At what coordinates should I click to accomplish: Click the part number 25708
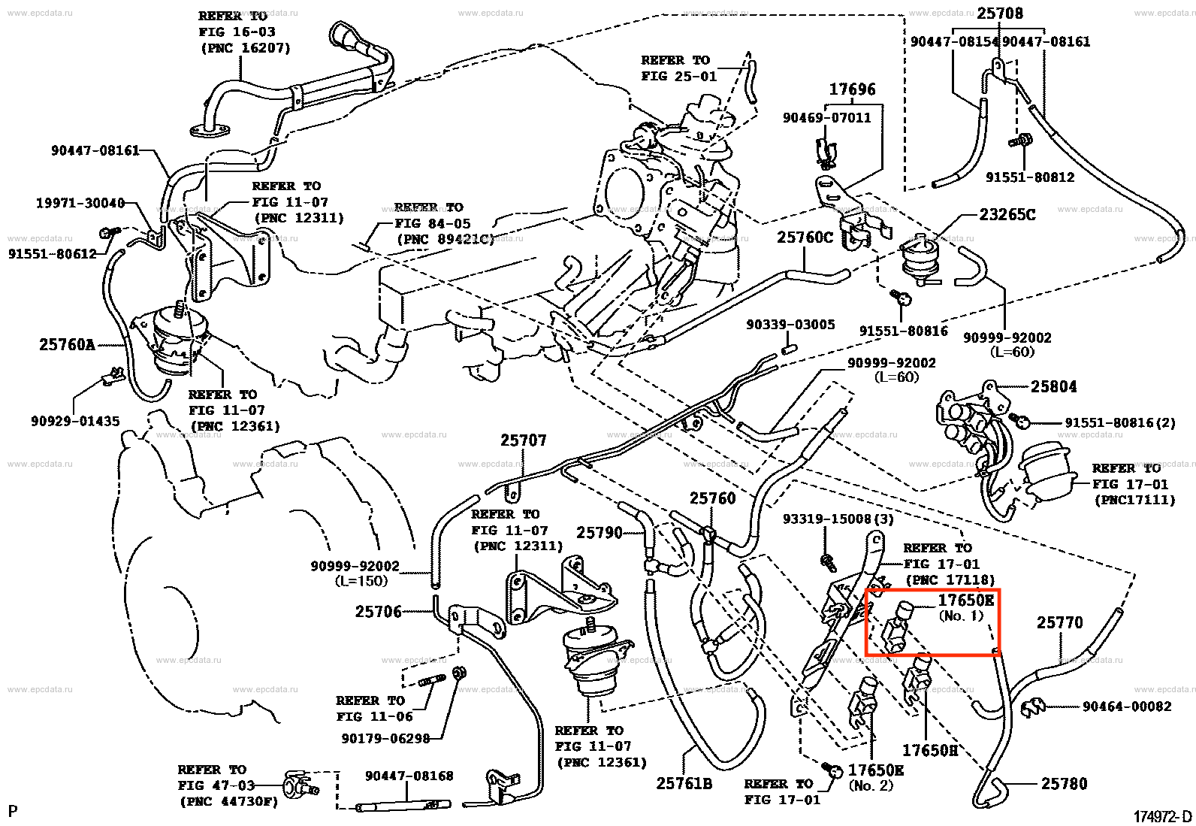pos(1000,14)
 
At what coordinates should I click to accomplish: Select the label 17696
pos(852,89)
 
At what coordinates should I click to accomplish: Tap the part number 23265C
pos(1007,215)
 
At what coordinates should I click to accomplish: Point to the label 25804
pos(1053,386)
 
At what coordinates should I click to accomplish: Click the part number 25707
pos(524,440)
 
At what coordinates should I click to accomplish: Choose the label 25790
pos(600,533)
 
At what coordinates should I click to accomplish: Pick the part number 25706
pos(379,612)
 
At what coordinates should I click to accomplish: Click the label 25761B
pos(684,783)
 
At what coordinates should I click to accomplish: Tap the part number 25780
pos(1064,783)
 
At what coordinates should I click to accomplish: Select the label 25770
pos(1060,622)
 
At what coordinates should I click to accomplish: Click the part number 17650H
pos(930,750)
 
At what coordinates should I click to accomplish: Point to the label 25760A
pos(67,345)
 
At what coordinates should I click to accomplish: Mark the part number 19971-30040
pos(80,204)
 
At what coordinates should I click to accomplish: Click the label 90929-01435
pos(75,421)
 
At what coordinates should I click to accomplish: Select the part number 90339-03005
pos(790,325)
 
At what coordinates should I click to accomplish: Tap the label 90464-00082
pos(1127,706)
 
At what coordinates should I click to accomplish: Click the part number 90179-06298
pos(385,738)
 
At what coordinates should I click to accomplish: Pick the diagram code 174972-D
pos(1163,816)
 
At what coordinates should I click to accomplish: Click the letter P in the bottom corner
pos(12,811)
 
